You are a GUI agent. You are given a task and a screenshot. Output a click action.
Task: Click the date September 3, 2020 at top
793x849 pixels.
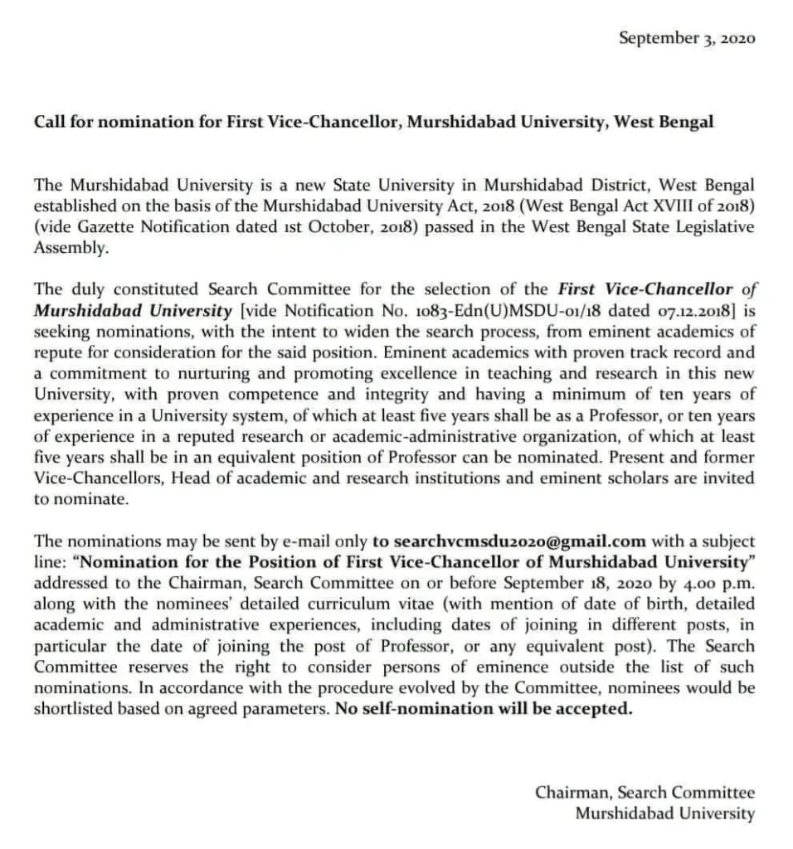click(687, 38)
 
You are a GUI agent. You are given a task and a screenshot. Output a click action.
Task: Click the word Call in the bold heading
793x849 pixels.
click(48, 122)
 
